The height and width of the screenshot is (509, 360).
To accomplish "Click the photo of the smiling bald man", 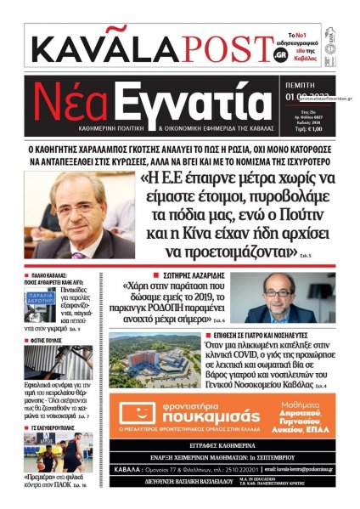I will tap(291, 297).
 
